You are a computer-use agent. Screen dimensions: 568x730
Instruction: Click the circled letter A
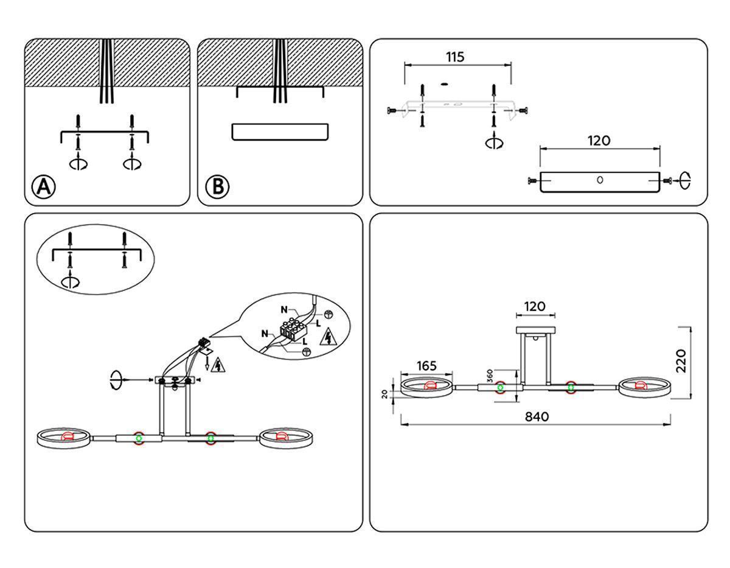(43, 187)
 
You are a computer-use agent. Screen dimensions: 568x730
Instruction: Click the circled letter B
(217, 187)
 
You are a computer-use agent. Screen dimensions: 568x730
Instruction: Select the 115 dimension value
(455, 57)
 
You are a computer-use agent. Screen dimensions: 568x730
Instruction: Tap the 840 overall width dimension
(537, 416)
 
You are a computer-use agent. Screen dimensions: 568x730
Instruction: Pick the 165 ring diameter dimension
(426, 366)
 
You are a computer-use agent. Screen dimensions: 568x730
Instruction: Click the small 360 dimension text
(489, 375)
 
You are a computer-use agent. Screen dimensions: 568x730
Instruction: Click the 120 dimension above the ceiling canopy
(535, 306)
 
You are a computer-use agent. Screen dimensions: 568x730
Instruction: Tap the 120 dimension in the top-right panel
(599, 141)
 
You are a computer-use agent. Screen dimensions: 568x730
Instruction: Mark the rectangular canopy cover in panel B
(280, 131)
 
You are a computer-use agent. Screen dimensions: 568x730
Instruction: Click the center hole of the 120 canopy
(600, 180)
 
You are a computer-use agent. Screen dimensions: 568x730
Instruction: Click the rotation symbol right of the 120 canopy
(686, 180)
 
